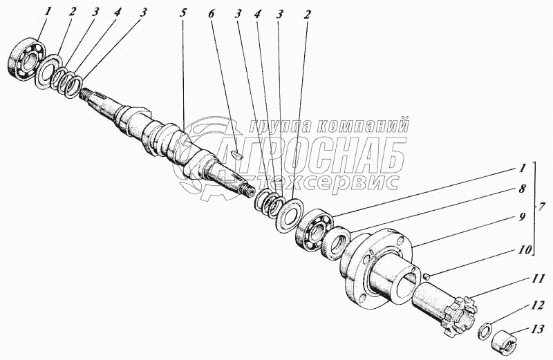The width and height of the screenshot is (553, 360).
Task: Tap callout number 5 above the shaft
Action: [182, 13]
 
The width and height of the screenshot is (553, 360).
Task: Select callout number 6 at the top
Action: [211, 14]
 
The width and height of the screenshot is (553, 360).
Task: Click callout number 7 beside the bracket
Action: [542, 207]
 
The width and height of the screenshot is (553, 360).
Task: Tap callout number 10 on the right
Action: [524, 250]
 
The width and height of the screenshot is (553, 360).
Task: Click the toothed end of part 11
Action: [461, 315]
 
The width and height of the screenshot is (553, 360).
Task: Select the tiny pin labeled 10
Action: [426, 276]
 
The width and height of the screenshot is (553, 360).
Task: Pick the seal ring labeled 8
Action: [336, 242]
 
